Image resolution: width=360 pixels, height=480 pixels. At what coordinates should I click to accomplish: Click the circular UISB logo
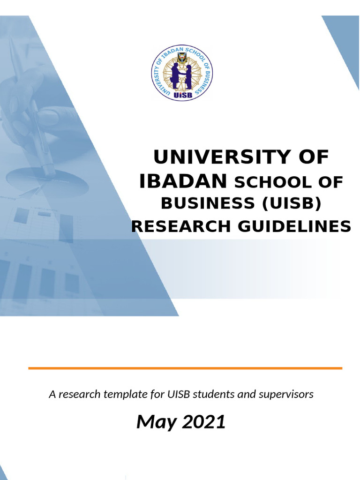(x=182, y=74)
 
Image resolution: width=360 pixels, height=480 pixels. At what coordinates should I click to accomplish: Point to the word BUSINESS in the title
(x=208, y=204)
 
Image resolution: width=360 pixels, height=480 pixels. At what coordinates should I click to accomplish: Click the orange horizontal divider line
(x=185, y=368)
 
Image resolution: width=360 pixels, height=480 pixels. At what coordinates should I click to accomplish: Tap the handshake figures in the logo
(x=181, y=75)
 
